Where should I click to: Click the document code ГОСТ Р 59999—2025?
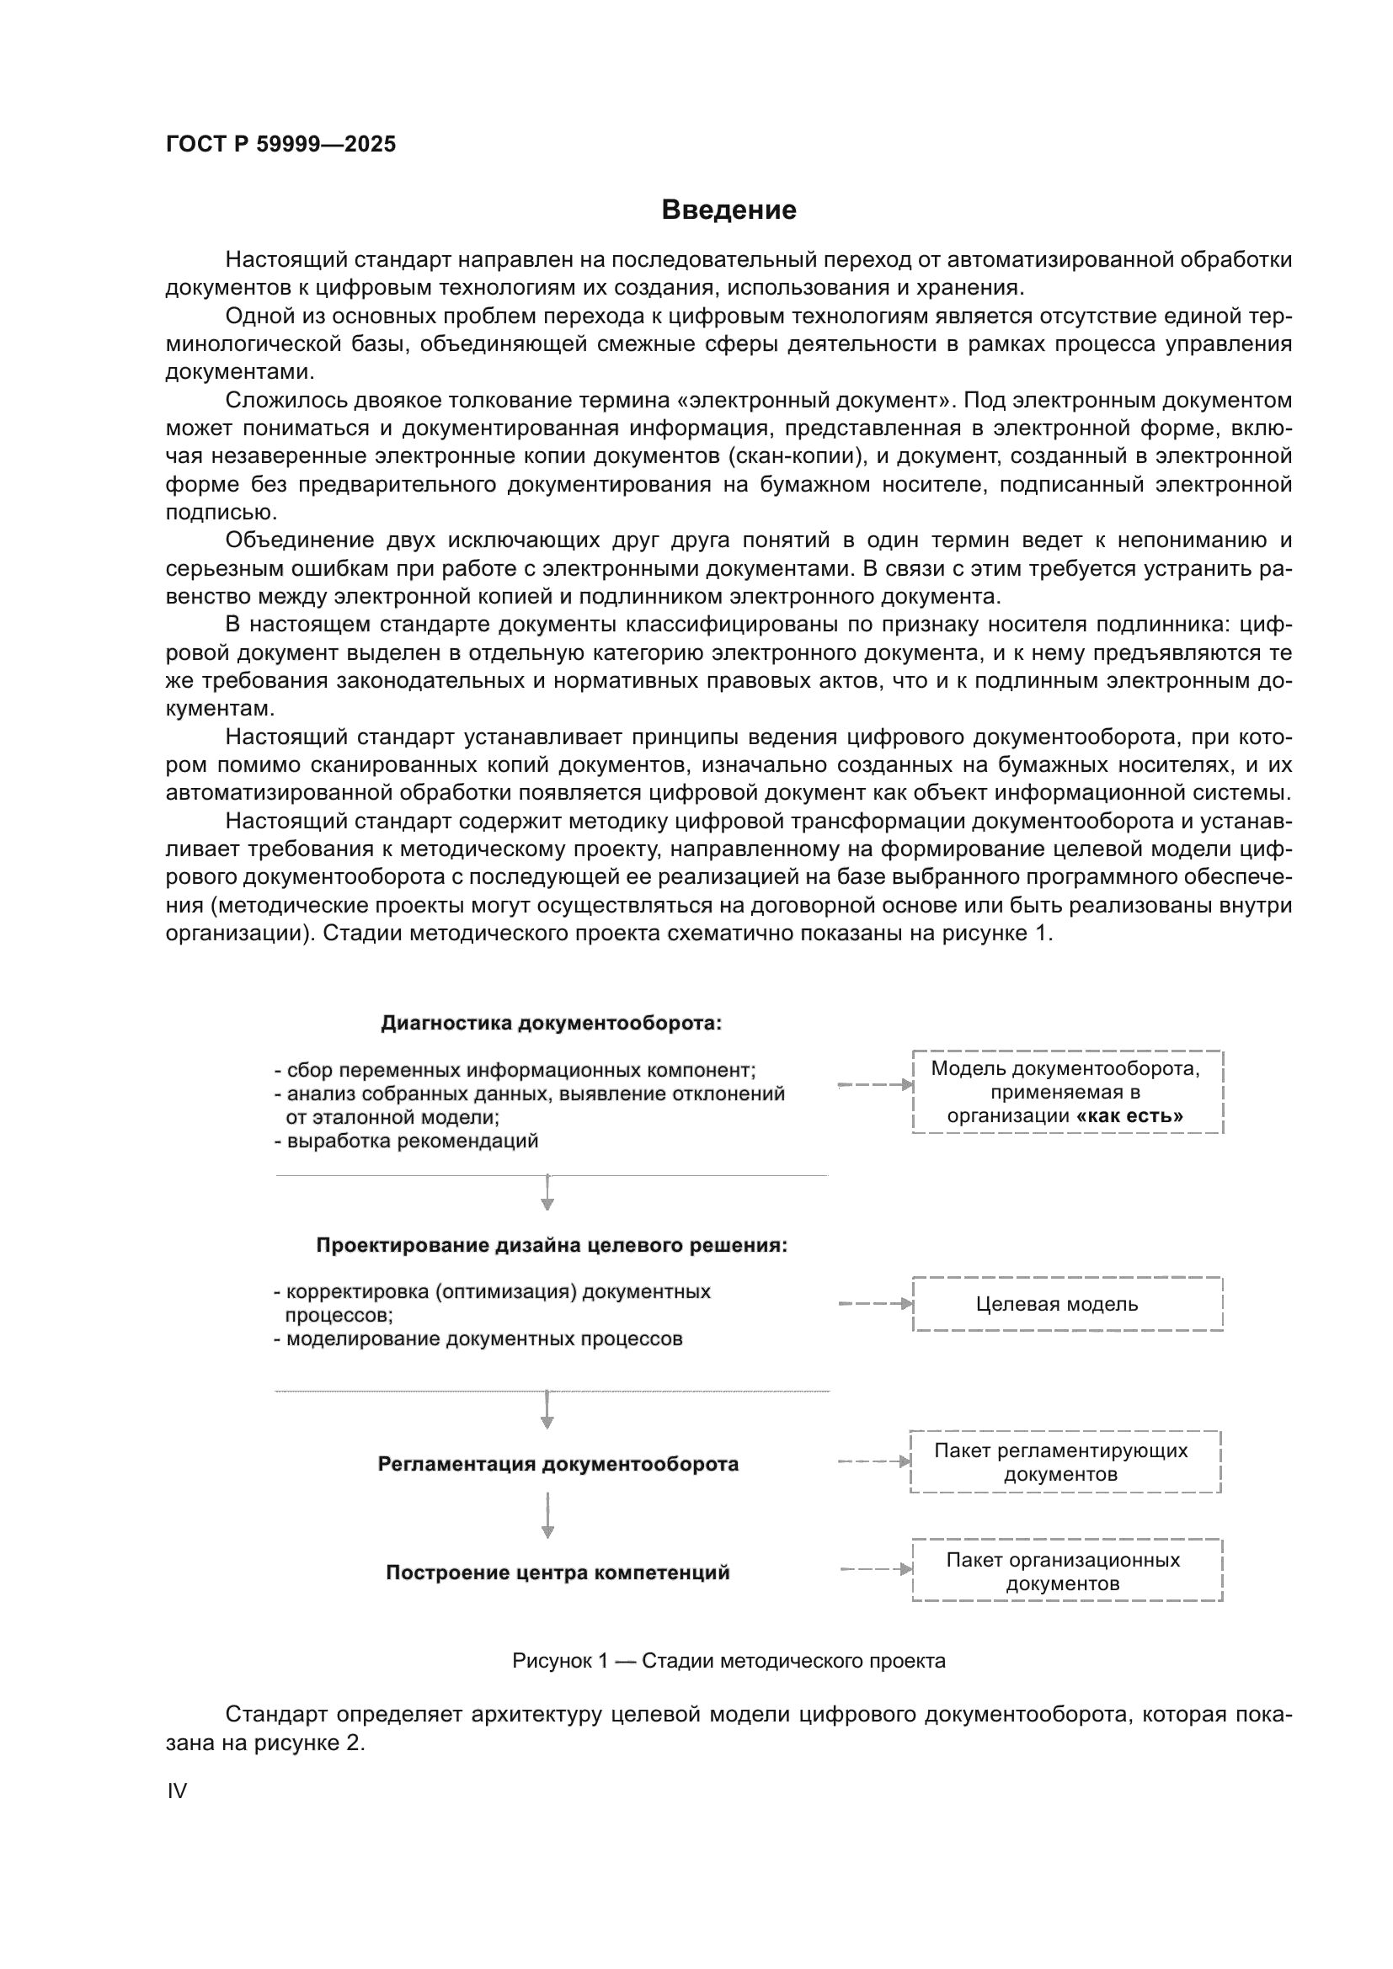point(280,144)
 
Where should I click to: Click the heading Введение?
point(729,210)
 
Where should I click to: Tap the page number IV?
point(177,1791)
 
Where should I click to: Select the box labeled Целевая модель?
point(1067,1304)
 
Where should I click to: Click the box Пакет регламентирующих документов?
point(1065,1462)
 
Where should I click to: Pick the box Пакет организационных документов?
point(1067,1571)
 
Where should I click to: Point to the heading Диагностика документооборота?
point(551,1023)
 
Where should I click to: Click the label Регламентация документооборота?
point(558,1464)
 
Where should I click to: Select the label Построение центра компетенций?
point(558,1573)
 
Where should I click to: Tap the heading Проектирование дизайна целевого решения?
point(552,1245)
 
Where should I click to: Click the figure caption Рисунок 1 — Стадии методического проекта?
point(729,1661)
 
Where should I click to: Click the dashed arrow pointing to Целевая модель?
point(875,1304)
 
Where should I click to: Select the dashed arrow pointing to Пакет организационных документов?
point(876,1569)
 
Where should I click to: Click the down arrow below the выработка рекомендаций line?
point(548,1192)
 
